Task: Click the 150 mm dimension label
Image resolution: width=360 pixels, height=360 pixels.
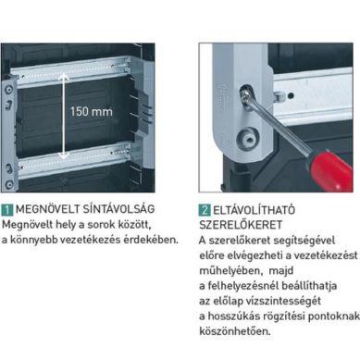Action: pos(92,111)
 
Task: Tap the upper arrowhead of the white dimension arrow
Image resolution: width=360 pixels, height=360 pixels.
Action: pos(64,76)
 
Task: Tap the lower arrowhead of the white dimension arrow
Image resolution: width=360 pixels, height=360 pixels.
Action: pos(64,155)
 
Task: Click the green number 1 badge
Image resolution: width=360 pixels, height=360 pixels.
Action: pos(6,210)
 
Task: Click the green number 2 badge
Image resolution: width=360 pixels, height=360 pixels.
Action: pos(205,211)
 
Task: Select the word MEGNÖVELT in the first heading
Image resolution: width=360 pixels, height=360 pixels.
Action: pos(48,209)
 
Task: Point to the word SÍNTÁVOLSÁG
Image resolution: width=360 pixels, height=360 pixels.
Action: pos(118,208)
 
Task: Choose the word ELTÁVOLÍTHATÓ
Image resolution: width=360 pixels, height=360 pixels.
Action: pos(254,210)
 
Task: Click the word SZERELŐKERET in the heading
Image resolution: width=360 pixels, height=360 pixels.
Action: pos(241,225)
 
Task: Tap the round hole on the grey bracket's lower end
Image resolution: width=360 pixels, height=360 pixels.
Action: pos(247,139)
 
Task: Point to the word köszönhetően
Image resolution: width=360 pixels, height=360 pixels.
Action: pos(235,331)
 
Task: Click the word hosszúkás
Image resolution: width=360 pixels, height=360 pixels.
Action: pos(233,317)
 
